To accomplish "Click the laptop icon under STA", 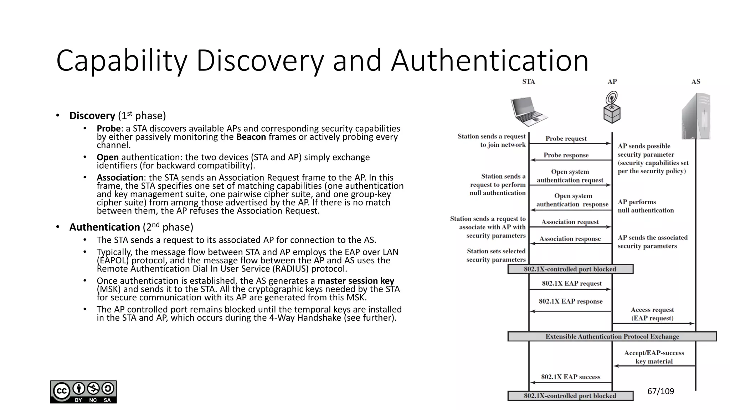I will [x=529, y=111].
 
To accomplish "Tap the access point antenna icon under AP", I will [x=612, y=107].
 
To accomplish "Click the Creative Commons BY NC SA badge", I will [x=83, y=391].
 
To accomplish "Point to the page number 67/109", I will [x=660, y=391].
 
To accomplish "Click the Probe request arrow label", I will [x=566, y=138].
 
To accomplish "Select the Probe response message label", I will [x=566, y=155].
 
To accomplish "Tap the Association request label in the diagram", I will [x=570, y=222].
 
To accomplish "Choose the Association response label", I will [x=570, y=239].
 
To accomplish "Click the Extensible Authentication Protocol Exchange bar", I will [x=612, y=336].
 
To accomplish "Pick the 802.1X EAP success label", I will [x=571, y=377].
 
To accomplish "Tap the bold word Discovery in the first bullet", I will [x=92, y=116].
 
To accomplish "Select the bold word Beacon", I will [x=251, y=137].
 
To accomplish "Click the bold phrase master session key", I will [x=356, y=281].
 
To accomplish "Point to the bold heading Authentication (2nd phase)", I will [x=104, y=227].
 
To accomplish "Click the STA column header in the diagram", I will [x=529, y=82].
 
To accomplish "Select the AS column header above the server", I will [x=696, y=82].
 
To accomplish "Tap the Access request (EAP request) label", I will [x=652, y=314].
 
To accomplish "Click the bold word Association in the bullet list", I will [x=120, y=178].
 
